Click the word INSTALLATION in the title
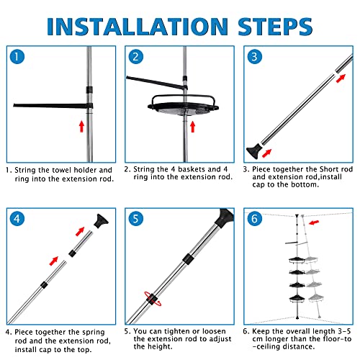coord(138,27)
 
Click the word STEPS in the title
coord(275,27)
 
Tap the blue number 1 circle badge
coord(17,57)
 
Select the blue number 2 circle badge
coord(135,57)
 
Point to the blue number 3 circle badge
coord(255,57)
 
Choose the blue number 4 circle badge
coord(17,219)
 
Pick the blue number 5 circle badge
coord(135,219)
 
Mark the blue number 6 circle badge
coord(255,219)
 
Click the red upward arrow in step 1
coord(81,126)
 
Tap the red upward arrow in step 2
coord(192,127)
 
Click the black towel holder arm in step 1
coord(53,106)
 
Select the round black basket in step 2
coord(184,106)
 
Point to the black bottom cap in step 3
coord(253,151)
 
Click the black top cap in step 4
coord(101,221)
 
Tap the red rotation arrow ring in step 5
coord(153,299)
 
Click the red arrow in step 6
coord(314,222)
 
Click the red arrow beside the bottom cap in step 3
coord(266,153)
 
